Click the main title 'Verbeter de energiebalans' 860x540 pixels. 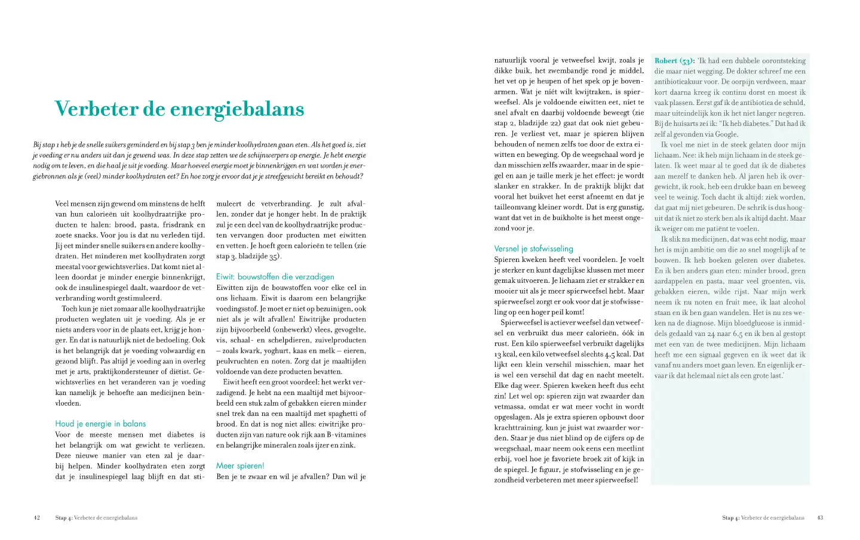[179, 109]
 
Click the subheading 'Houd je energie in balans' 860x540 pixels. [100, 424]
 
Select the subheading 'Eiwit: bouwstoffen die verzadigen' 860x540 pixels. [275, 277]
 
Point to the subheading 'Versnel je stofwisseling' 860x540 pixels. [533, 249]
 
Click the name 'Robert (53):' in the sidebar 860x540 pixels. [674, 61]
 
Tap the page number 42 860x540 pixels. [37, 518]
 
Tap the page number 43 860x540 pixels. [820, 518]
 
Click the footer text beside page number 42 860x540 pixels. [96, 518]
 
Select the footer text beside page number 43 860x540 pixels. [763, 518]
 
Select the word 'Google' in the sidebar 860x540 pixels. [725, 134]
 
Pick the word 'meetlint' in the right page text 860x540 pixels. [630, 448]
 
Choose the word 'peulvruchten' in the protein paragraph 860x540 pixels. [236, 361]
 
